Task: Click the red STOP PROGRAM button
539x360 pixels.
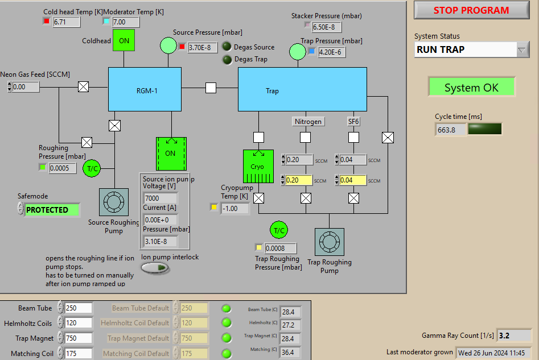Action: click(471, 10)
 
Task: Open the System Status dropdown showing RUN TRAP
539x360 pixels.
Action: click(472, 49)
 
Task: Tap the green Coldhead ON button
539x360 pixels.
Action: click(124, 40)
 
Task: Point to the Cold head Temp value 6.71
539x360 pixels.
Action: click(66, 22)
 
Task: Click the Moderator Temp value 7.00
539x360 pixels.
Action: click(126, 22)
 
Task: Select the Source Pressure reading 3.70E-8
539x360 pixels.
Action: click(202, 48)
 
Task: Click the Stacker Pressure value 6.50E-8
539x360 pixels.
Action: click(327, 27)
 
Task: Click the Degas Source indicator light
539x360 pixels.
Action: click(227, 47)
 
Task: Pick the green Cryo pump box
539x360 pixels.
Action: click(258, 167)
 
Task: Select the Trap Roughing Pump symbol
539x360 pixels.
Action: click(329, 243)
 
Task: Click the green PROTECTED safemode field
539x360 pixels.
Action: click(51, 210)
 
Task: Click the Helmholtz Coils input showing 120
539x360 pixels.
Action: click(78, 323)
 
